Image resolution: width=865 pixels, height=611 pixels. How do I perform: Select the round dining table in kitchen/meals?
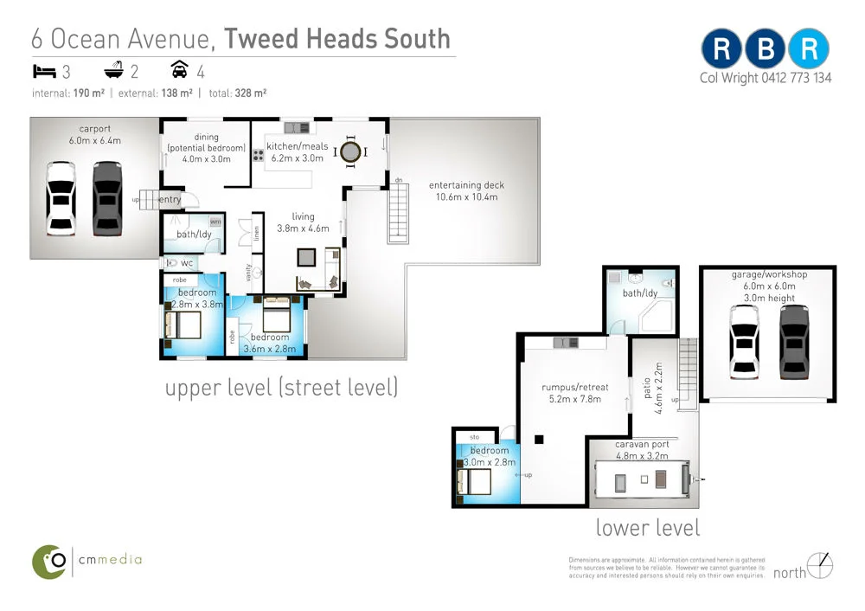(349, 152)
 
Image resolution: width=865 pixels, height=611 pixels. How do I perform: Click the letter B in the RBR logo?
(766, 49)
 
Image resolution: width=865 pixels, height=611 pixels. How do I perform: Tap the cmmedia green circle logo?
(50, 561)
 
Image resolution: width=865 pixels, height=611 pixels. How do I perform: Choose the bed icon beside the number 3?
(44, 71)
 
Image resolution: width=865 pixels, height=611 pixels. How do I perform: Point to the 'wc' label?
(186, 263)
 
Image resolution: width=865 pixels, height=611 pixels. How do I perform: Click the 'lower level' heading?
(648, 527)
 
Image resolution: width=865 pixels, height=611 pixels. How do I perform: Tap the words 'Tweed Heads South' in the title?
(337, 39)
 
